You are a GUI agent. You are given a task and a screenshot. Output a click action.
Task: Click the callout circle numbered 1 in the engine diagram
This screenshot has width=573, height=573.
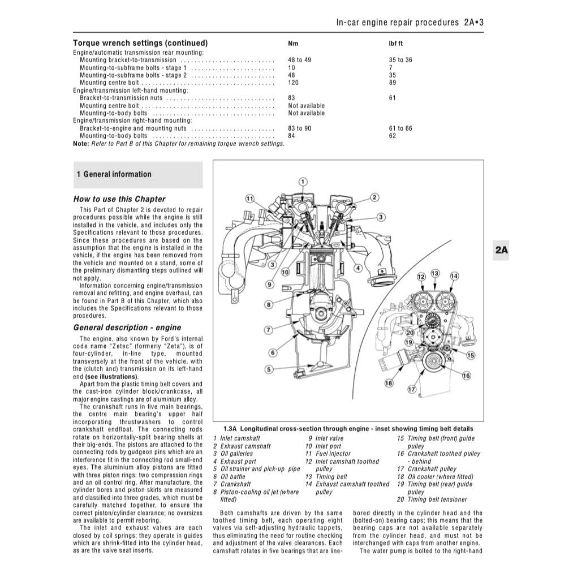[x=303, y=182]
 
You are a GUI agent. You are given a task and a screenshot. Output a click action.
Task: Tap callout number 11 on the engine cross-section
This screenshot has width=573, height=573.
[x=249, y=198]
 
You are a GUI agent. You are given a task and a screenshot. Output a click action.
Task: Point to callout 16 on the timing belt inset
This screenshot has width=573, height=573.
[x=466, y=376]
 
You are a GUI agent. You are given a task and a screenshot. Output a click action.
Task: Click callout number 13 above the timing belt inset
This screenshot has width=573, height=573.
[x=435, y=274]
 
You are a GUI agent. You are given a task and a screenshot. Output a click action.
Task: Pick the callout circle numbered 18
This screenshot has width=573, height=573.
[x=389, y=384]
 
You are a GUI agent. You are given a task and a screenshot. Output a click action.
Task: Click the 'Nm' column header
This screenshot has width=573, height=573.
[x=292, y=44]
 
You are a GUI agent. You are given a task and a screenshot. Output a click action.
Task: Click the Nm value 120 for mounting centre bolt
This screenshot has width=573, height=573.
[x=294, y=83]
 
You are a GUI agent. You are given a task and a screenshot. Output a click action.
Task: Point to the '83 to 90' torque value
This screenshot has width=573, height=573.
[x=300, y=128]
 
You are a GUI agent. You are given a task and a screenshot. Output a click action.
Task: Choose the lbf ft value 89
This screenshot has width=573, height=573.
[x=393, y=83]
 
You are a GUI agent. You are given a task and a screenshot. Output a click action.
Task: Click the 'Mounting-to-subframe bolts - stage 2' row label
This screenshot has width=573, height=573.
[x=133, y=75]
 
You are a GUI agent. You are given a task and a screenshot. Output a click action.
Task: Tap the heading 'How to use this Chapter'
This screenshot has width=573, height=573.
[x=119, y=199]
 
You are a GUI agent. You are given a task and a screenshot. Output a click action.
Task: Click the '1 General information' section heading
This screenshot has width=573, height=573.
[x=114, y=175]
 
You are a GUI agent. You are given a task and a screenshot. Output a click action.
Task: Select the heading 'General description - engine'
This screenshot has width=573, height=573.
[x=127, y=328]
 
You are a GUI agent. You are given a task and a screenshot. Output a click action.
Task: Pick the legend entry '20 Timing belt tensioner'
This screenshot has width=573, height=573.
[x=432, y=499]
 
